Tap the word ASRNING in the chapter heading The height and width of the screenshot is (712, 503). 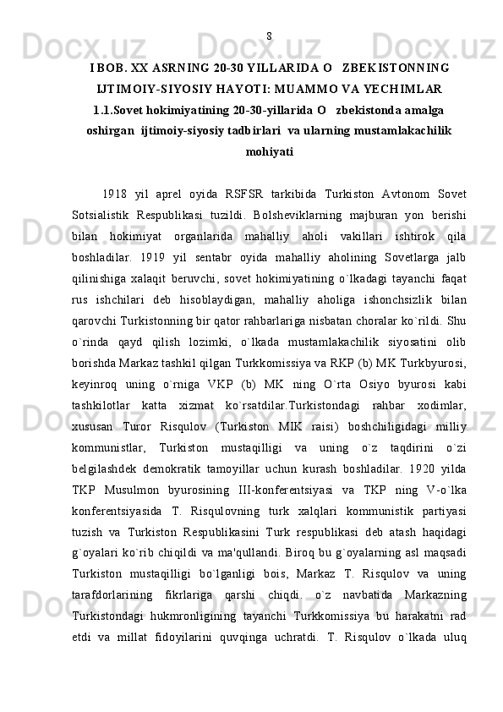pos(183,67)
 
